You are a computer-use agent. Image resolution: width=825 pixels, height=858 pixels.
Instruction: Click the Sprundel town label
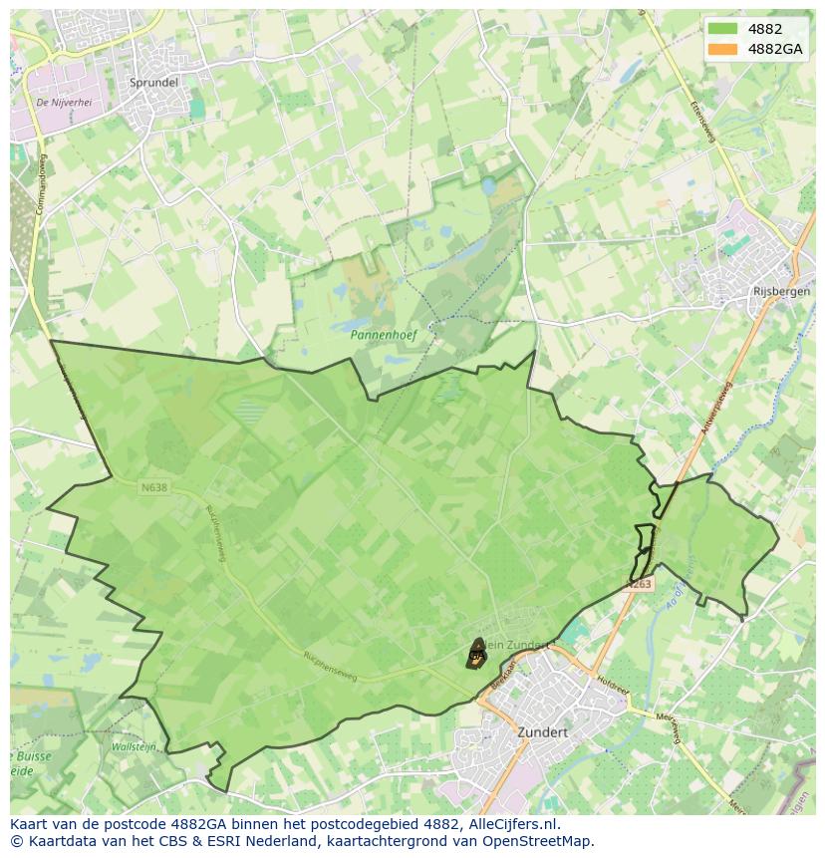[153, 83]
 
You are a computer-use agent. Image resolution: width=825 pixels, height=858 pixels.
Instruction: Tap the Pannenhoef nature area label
[383, 336]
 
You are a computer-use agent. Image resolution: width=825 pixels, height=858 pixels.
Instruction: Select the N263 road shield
[640, 584]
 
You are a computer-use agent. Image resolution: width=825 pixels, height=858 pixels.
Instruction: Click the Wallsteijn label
[133, 746]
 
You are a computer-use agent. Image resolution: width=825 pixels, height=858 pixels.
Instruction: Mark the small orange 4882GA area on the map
[476, 654]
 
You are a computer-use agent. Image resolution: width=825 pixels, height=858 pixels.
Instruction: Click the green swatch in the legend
[722, 30]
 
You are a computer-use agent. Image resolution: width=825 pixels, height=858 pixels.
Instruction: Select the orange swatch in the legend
[722, 49]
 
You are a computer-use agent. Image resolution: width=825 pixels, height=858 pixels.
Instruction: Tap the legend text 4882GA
[774, 49]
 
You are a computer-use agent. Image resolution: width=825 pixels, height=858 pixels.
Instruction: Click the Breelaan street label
[504, 672]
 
